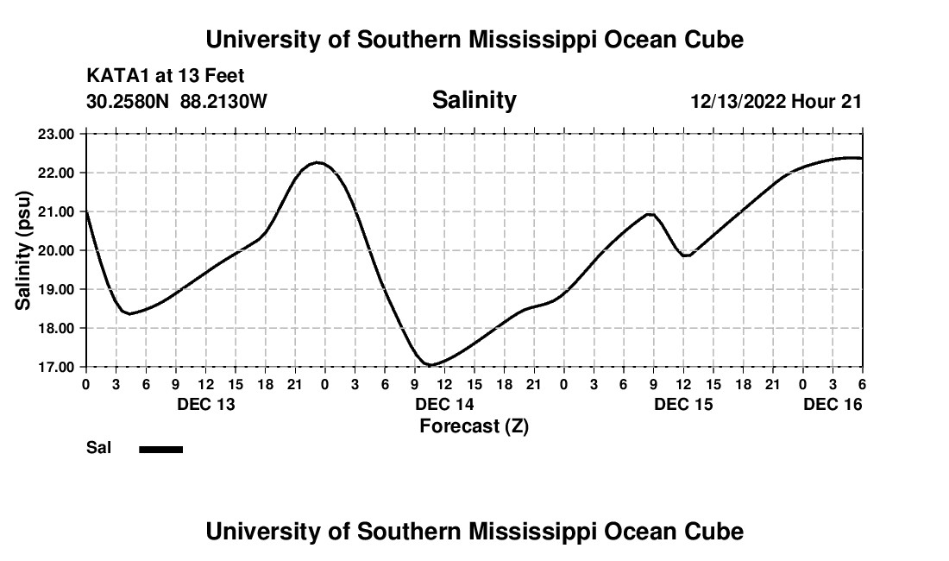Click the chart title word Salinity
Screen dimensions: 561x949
pyautogui.click(x=474, y=100)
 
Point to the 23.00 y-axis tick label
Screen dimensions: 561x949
pyautogui.click(x=57, y=134)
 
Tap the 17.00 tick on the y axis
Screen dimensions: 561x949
pyautogui.click(x=57, y=367)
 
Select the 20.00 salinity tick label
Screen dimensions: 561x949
pyautogui.click(x=57, y=250)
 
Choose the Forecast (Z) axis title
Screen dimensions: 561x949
pyautogui.click(x=474, y=425)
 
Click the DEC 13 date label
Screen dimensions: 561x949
pyautogui.click(x=205, y=404)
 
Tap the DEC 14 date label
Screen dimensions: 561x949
pyautogui.click(x=444, y=404)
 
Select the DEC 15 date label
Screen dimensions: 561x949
pyautogui.click(x=683, y=404)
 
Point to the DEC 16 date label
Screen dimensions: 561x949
pyautogui.click(x=833, y=404)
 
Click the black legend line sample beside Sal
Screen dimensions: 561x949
pyautogui.click(x=160, y=449)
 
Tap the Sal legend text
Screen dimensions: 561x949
pyautogui.click(x=97, y=448)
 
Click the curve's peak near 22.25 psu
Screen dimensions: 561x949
pyautogui.click(x=317, y=162)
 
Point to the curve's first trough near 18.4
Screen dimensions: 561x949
pyautogui.click(x=129, y=313)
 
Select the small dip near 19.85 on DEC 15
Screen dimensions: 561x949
pyautogui.click(x=686, y=255)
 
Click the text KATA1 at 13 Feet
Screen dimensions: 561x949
pyautogui.click(x=166, y=77)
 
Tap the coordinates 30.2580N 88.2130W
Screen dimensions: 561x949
pyautogui.click(x=177, y=101)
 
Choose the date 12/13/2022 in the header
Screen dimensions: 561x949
pyautogui.click(x=738, y=101)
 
